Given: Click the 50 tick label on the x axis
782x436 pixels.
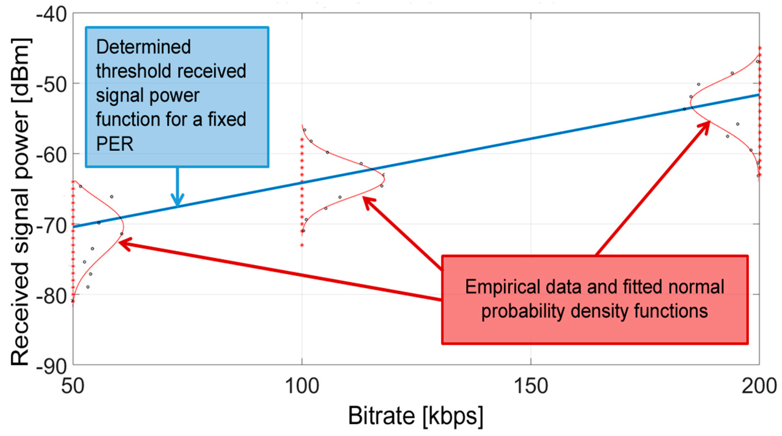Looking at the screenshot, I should coord(73,386).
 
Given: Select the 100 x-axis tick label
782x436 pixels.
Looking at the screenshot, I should coord(302,386).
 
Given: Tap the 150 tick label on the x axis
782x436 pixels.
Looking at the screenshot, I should coord(531,386).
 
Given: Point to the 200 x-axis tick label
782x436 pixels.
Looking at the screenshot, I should coord(759,386).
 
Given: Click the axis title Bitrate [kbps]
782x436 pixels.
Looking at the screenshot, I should coord(415,416).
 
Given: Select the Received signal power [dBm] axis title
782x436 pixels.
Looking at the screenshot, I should coord(21,202).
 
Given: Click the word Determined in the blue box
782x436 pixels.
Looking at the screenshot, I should coord(143,47).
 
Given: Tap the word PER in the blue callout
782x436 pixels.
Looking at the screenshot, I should coord(115,144).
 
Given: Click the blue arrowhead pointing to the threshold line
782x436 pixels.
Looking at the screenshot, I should coord(177,202).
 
